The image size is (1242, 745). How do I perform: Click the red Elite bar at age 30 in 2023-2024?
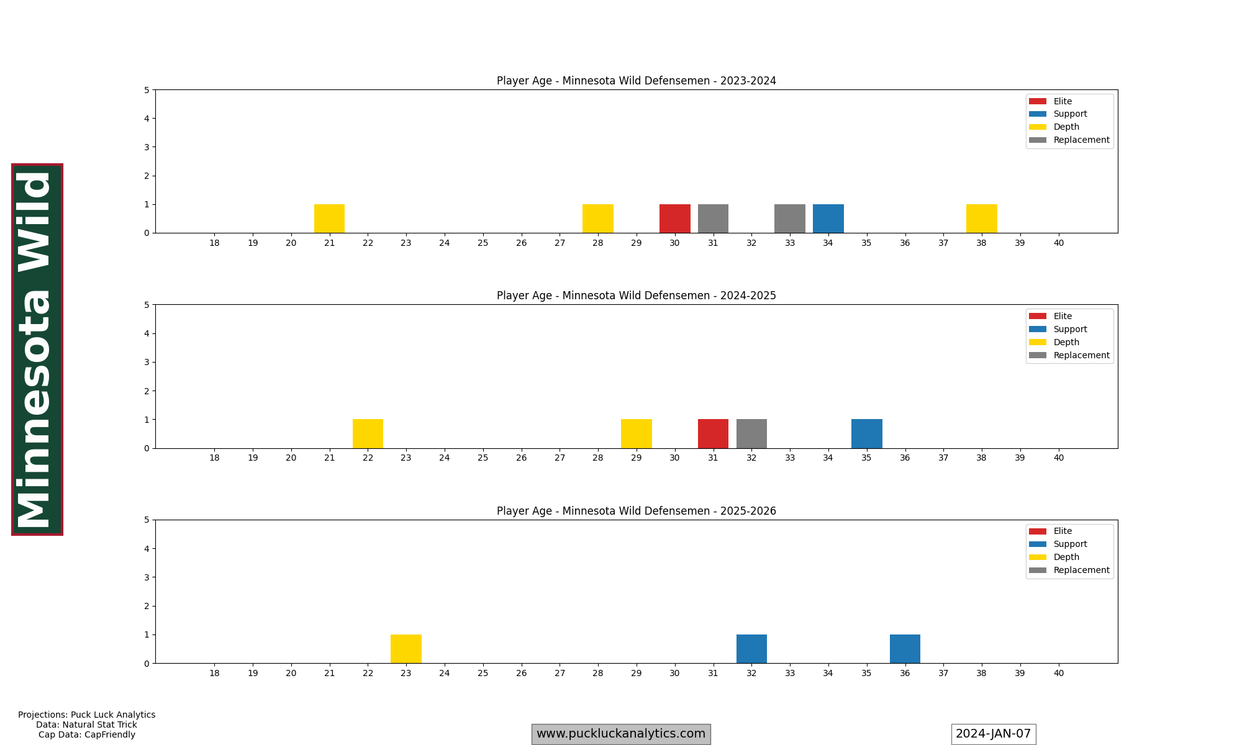(x=674, y=219)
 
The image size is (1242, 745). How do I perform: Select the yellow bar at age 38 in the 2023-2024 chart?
(x=981, y=219)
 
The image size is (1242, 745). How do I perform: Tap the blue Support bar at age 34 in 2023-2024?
(x=828, y=219)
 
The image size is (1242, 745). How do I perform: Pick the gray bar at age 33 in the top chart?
(x=789, y=219)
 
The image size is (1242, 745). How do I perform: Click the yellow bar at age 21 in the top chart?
(x=329, y=219)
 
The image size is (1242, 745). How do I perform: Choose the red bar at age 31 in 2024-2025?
(x=713, y=433)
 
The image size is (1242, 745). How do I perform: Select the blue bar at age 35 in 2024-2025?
(x=866, y=433)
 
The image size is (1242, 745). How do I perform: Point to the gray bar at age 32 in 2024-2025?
(x=751, y=433)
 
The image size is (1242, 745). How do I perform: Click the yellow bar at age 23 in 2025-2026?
(x=406, y=649)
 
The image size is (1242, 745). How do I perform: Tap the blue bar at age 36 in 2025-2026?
(x=905, y=649)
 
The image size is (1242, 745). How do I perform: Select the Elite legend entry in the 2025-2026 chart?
(x=1062, y=531)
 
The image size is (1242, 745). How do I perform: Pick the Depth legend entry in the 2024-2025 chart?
(x=1066, y=342)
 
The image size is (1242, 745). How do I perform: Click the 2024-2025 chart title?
(x=636, y=296)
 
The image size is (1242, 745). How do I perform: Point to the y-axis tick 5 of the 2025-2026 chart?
(x=147, y=520)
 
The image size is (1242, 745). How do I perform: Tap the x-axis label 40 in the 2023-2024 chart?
(x=1058, y=243)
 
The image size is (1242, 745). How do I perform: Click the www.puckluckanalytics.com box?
(x=620, y=734)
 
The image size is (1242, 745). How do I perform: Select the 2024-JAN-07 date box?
(x=993, y=734)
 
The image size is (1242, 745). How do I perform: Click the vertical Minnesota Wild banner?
(x=37, y=349)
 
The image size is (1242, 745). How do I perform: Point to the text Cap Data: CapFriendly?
(x=87, y=734)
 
